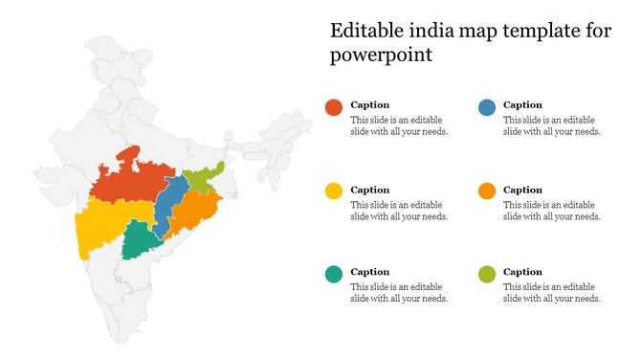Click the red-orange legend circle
pos(333,108)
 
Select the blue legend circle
pos(486,108)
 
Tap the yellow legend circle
pos(333,191)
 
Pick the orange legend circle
pos(486,191)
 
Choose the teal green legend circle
pos(333,275)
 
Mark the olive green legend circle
pos(486,275)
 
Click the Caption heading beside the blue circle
pos(522,104)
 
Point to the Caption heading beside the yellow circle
pos(369,189)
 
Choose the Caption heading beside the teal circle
pos(369,272)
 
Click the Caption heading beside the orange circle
pos(522,189)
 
